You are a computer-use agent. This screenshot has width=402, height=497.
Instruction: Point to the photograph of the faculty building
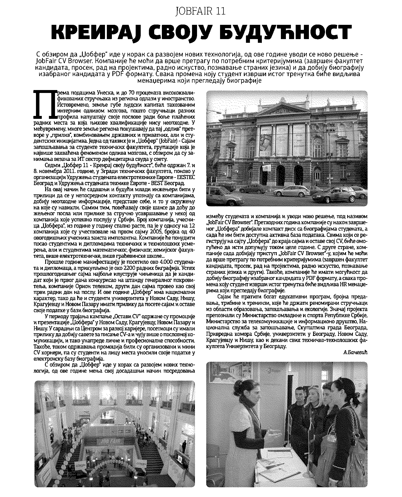(287, 148)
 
